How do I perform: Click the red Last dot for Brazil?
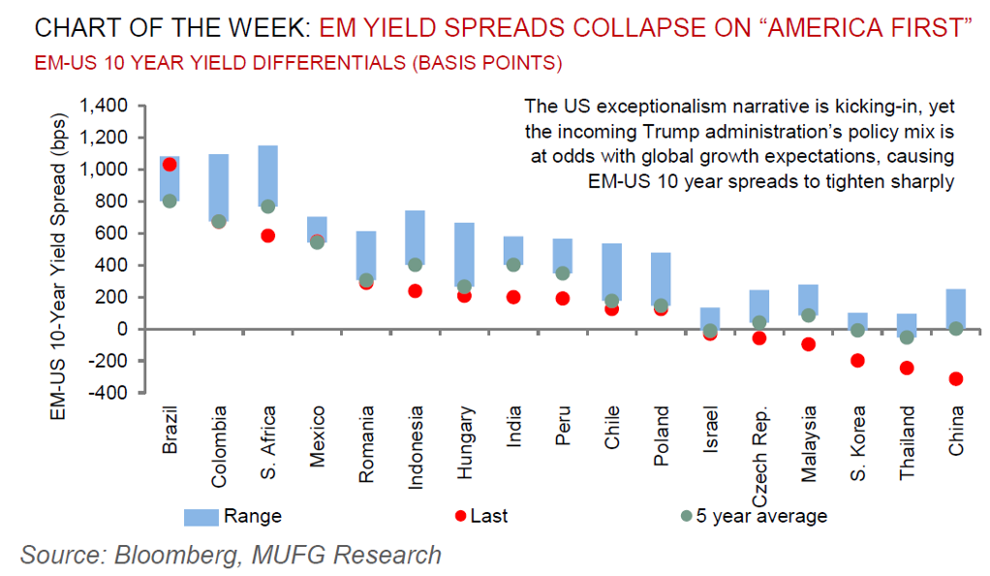coord(169,165)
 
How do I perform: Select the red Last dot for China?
coord(956,378)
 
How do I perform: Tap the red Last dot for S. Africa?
coord(267,236)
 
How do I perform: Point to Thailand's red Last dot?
coord(907,368)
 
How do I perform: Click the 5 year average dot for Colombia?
coord(218,221)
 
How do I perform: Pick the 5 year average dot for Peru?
coord(562,273)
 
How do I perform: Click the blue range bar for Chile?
coord(611,274)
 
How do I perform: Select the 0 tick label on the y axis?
coord(123,329)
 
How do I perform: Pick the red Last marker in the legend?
coord(460,516)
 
